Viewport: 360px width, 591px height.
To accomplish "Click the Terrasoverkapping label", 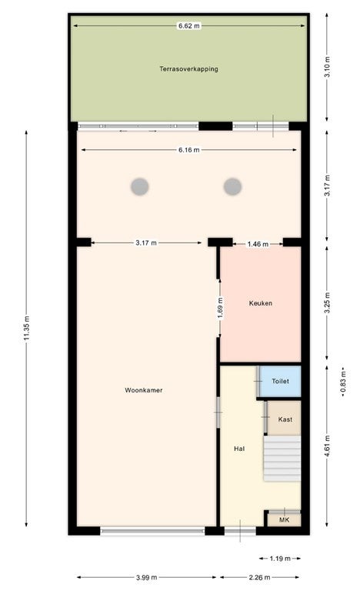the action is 188,69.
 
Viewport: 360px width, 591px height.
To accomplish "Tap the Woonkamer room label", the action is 144,390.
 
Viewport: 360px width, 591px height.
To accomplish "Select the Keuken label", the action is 261,303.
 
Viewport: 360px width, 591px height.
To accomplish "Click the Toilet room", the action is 281,381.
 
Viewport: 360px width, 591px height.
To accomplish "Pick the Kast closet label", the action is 285,419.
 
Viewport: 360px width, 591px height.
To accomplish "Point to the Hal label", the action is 239,449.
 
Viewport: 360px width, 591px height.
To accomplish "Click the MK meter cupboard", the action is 284,519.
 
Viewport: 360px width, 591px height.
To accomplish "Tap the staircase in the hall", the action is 282,459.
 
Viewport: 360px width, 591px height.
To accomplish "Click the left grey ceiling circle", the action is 140,186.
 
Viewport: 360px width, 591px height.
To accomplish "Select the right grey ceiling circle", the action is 232,186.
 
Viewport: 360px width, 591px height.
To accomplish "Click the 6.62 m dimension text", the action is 189,26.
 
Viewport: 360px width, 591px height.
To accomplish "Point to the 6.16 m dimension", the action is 189,149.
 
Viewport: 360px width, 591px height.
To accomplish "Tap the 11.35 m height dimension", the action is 26,328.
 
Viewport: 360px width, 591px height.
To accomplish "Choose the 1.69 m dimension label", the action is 221,308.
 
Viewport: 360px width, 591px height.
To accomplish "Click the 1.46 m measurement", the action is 258,244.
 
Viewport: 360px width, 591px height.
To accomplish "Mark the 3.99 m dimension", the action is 146,577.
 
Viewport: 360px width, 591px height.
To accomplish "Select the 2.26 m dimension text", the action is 259,577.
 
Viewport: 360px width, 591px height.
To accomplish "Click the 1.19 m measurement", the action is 280,558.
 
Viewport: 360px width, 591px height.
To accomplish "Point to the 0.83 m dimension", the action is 343,382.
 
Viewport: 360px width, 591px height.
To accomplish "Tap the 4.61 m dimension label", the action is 327,446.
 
